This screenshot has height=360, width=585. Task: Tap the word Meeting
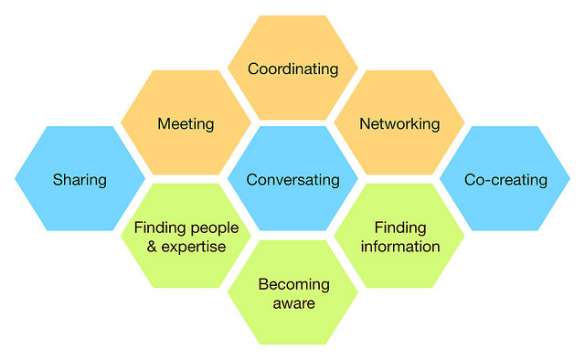click(x=186, y=123)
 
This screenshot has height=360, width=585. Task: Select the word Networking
click(x=399, y=123)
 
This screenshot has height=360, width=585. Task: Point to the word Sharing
click(x=80, y=180)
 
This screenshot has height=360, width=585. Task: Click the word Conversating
click(x=292, y=180)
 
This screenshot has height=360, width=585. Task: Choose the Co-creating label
click(x=505, y=180)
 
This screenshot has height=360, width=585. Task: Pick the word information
click(x=399, y=247)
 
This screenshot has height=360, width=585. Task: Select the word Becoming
click(x=293, y=284)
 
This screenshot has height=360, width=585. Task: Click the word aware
click(x=293, y=303)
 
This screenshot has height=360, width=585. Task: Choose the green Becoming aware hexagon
click(x=292, y=324)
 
